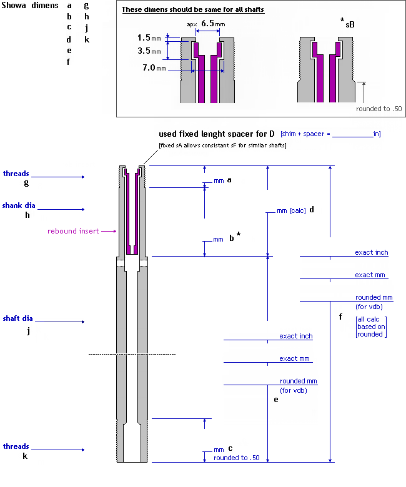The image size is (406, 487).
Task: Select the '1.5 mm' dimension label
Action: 148,38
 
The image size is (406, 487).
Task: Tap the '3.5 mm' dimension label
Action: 148,51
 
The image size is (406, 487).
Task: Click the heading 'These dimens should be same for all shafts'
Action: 192,10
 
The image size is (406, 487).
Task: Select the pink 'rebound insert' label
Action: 73,231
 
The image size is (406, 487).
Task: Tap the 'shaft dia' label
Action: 17,318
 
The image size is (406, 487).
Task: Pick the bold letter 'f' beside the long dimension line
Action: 340,317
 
